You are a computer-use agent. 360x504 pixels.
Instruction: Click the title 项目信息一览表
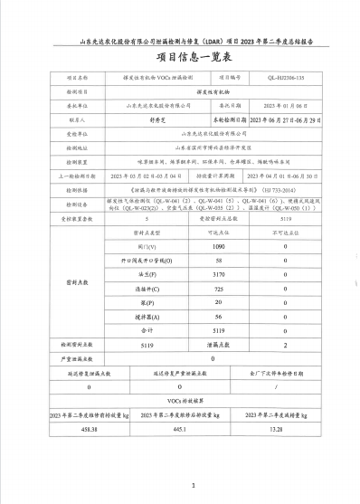180,58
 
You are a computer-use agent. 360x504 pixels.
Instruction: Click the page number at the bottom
194,486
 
